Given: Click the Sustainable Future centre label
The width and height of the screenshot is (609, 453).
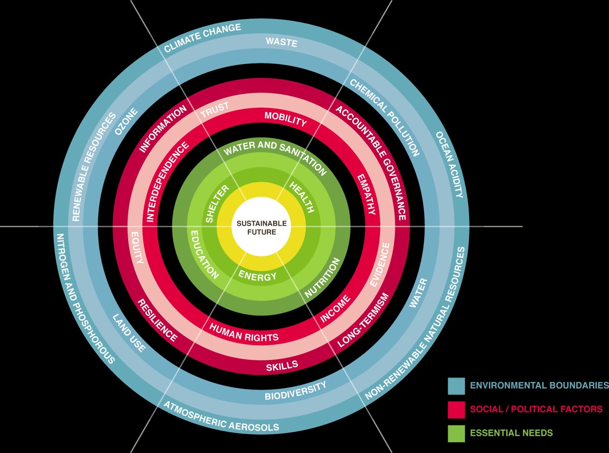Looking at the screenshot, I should point(261,227).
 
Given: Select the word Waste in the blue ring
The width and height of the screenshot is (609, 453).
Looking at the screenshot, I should point(281,42).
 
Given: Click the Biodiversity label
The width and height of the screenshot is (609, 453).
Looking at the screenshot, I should point(295,391).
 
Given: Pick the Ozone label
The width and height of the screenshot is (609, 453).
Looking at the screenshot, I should point(126,121).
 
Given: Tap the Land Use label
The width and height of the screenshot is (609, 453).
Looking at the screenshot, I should point(129,333).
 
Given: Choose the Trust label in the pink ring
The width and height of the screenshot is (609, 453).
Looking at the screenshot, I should point(215,110).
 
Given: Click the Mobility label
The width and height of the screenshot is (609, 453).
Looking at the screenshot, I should point(285,119).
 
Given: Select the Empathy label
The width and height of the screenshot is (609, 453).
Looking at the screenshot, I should point(366,194).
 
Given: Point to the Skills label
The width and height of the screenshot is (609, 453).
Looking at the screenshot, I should point(282,366).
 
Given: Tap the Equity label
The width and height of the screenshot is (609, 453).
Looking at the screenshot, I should point(137,248).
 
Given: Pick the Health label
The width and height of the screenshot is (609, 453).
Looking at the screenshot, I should point(302,197).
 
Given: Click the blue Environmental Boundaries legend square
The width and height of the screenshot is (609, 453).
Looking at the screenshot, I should point(456,386).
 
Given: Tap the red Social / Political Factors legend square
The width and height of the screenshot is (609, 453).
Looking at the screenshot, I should point(456,410).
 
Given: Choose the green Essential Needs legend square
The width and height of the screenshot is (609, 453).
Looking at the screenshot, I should point(456,433).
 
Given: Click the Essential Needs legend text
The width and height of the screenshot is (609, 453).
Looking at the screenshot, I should point(511,433).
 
